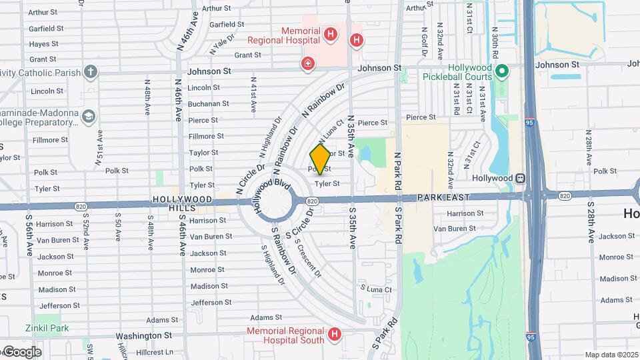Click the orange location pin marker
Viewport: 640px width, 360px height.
(x=320, y=159)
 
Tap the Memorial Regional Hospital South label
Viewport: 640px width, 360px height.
(x=285, y=335)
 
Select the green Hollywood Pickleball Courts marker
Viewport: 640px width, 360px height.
(x=503, y=70)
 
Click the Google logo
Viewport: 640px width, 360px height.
(x=22, y=352)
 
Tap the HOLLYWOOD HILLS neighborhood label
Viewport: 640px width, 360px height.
(x=183, y=204)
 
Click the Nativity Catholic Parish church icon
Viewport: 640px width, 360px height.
(x=91, y=72)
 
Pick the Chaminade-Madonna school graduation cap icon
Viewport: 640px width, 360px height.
(x=88, y=117)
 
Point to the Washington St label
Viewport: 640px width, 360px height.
(x=144, y=336)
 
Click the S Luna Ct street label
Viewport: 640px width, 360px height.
(x=376, y=289)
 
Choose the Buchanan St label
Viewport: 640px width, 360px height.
(x=208, y=103)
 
